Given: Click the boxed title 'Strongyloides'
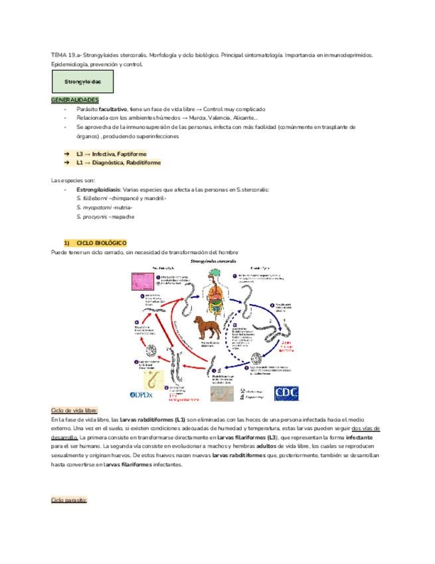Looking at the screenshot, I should pyautogui.click(x=82, y=82).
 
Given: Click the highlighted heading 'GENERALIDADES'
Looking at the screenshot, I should pyautogui.click(x=74, y=99).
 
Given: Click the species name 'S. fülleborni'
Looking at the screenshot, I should pyautogui.click(x=92, y=198).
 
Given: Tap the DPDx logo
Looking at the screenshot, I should pyautogui.click(x=142, y=394).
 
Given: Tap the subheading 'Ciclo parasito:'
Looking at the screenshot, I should pyautogui.click(x=69, y=499).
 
